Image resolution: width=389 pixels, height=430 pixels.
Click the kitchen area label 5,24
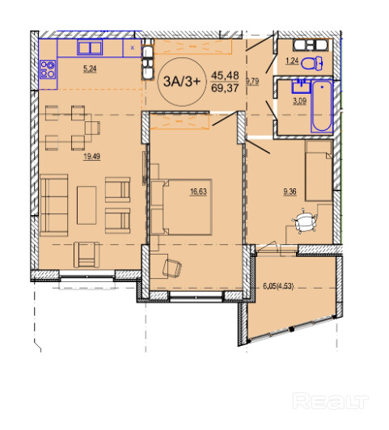point(90,69)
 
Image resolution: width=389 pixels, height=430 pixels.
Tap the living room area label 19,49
point(92,157)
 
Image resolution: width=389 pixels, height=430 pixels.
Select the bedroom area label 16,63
point(198,192)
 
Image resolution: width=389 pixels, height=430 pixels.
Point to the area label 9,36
point(290,192)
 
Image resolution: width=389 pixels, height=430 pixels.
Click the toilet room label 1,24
point(292,61)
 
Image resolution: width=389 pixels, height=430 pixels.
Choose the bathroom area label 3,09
point(299,101)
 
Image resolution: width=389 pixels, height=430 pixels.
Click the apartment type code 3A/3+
point(182,82)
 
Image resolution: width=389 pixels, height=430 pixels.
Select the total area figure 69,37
point(225,88)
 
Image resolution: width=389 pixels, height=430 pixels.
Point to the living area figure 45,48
point(225,75)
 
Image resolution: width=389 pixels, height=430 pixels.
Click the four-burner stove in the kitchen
point(48,70)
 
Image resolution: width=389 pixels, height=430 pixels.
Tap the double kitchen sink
point(90,48)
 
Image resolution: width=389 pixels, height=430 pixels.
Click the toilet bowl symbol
point(312,64)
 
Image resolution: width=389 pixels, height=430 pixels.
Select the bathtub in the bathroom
point(322,107)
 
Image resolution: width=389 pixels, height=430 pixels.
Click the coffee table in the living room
point(87,205)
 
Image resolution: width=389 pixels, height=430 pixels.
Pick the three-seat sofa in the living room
point(53,205)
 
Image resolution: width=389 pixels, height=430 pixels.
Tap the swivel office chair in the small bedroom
point(305,221)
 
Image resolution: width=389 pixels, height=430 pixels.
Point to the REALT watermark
point(330,402)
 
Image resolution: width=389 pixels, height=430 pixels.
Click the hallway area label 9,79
point(252,82)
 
